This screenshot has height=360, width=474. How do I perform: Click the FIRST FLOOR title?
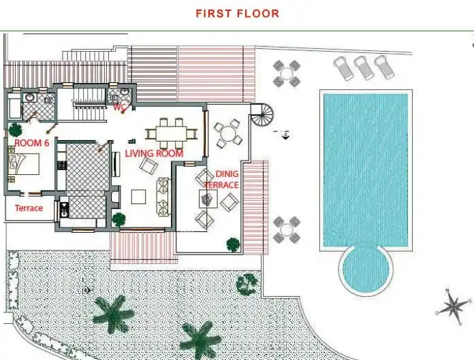[237, 14]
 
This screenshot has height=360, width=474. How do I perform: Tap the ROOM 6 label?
[32, 143]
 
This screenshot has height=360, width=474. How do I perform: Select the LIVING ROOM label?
[154, 153]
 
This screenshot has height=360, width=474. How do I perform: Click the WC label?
[120, 107]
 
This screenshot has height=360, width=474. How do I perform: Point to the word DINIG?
[227, 174]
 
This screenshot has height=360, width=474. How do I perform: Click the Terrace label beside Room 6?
[29, 208]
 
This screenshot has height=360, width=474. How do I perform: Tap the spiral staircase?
[262, 115]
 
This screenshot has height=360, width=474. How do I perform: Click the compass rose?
[453, 307]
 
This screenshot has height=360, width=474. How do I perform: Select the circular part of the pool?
[366, 269]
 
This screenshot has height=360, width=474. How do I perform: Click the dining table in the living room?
[172, 133]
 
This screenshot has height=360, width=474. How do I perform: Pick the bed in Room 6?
[24, 164]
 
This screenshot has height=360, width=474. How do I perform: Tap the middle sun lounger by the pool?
[364, 67]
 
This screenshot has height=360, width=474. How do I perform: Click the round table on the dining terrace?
[228, 133]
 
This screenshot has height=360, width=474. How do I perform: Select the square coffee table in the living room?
[139, 196]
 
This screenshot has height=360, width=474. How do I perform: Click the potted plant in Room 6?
[15, 129]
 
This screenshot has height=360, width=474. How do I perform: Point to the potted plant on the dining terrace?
[233, 244]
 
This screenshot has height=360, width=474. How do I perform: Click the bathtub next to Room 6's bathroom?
[14, 105]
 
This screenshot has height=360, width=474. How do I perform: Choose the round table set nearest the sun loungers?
[287, 73]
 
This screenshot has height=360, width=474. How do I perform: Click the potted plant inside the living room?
[118, 220]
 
